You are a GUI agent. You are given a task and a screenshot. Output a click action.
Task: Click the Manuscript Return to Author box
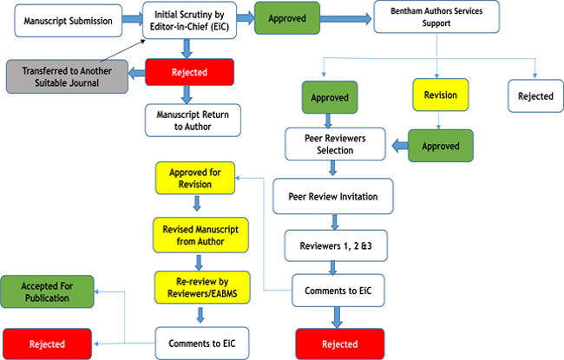click(191, 120)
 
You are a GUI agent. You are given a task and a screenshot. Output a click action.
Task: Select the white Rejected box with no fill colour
click(534, 96)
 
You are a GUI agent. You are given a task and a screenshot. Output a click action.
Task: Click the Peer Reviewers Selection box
click(335, 143)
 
